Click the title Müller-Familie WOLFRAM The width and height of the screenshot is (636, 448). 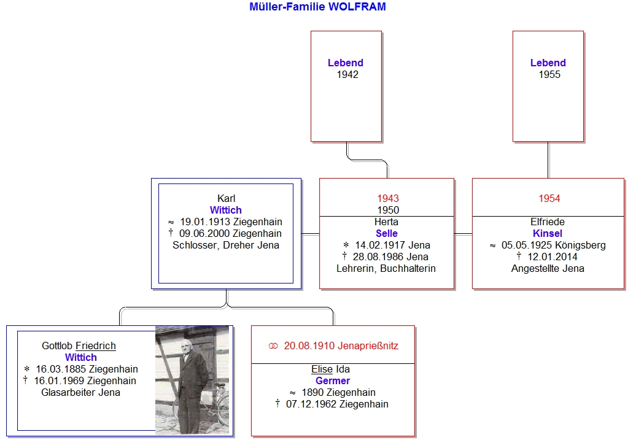pos(317,7)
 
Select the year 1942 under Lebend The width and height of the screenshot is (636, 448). pos(347,75)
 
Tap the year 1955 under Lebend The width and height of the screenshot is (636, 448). pos(549,75)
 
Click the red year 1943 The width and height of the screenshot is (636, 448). pos(388,198)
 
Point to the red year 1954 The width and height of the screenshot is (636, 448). pos(549,198)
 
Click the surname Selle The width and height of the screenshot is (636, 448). pos(387,234)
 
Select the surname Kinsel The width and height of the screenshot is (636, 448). pos(548,234)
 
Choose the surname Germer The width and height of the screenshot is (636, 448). pos(333,380)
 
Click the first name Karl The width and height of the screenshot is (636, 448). pos(226,198)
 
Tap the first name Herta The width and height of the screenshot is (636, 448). pos(386,222)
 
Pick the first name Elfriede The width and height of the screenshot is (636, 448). pos(548,222)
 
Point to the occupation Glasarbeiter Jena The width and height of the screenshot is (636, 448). pos(80,392)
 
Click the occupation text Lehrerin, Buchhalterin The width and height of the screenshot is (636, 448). pos(386,268)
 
